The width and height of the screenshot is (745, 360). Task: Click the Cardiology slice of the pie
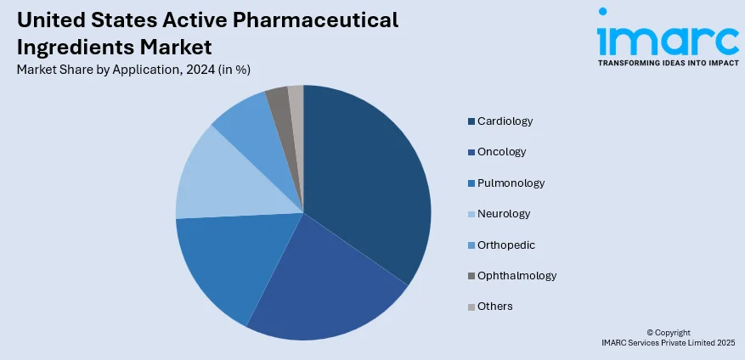coord(365,178)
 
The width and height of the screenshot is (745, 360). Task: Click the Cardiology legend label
coord(505,121)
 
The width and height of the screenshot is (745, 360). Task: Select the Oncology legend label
coord(501,152)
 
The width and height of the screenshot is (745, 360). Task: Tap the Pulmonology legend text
coord(511,183)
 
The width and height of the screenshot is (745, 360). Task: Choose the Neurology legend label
coord(504,214)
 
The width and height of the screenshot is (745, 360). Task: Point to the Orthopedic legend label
coord(506,245)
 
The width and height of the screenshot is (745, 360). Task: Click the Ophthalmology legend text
coord(516,275)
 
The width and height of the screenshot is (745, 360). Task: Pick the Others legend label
coord(495,306)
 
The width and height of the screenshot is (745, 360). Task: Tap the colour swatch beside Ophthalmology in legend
coord(471,276)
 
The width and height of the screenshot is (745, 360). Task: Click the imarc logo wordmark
coord(667,37)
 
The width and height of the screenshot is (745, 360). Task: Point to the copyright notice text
coord(668,337)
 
